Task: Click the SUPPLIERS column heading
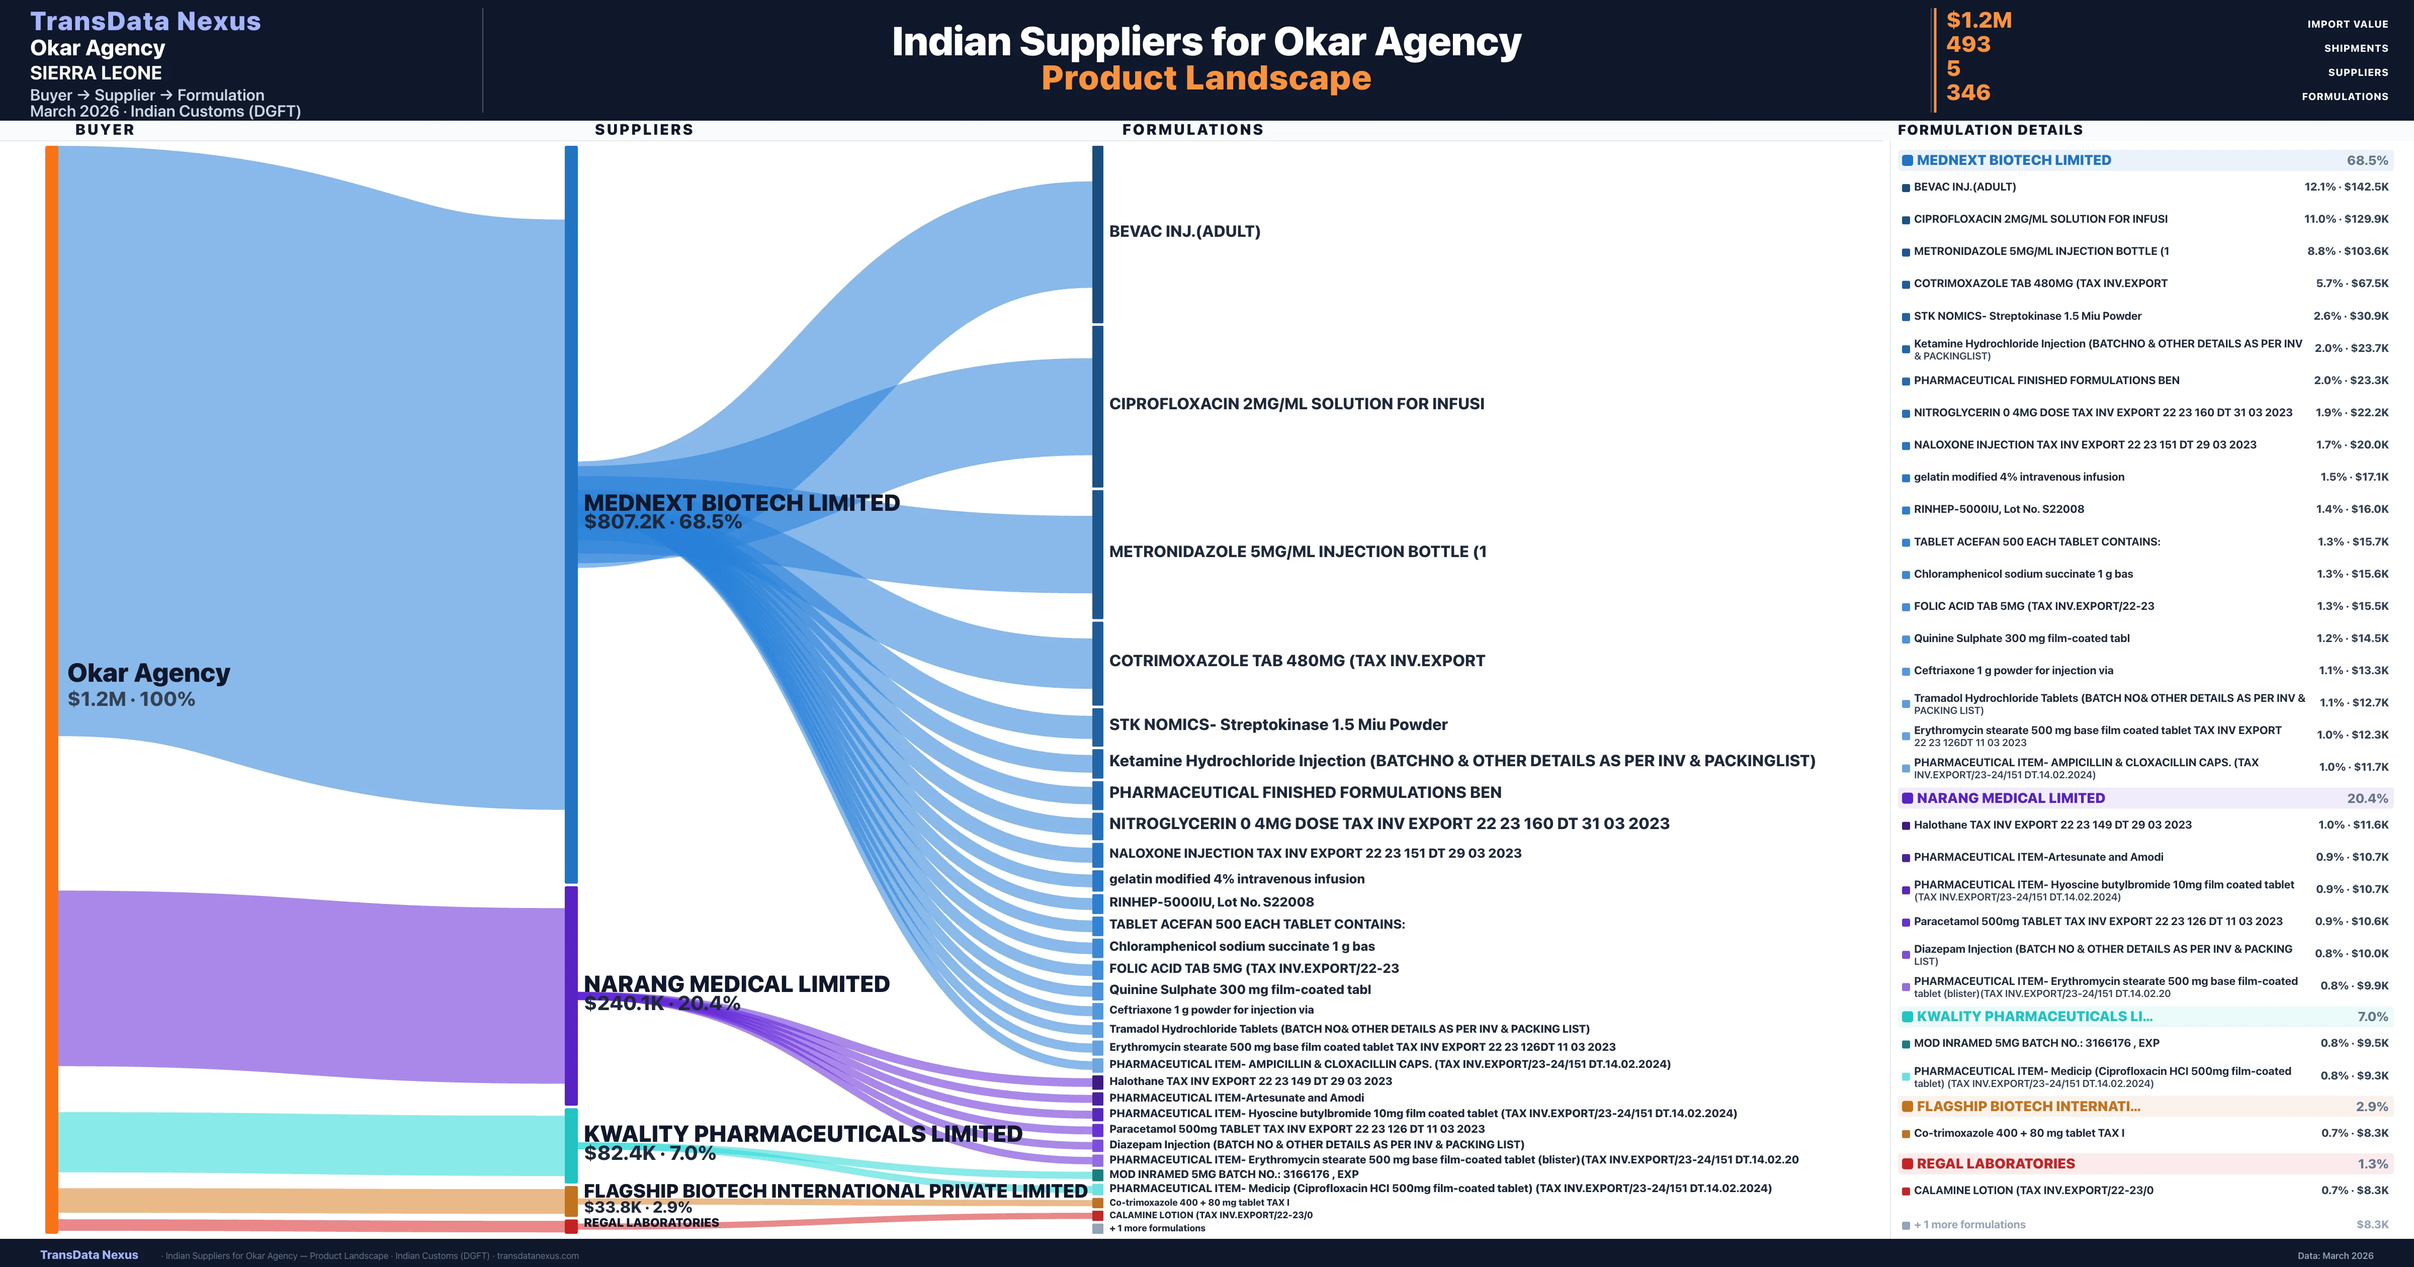coord(644,129)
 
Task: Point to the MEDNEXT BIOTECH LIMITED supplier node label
coord(741,503)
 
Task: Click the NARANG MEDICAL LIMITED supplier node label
coord(737,984)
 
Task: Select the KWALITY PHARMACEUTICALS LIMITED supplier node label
coord(802,1134)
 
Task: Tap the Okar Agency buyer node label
coord(148,673)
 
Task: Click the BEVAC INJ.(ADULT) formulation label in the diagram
coord(1184,231)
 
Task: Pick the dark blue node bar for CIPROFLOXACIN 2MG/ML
coord(1097,406)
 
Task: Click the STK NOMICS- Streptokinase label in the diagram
coord(1277,725)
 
